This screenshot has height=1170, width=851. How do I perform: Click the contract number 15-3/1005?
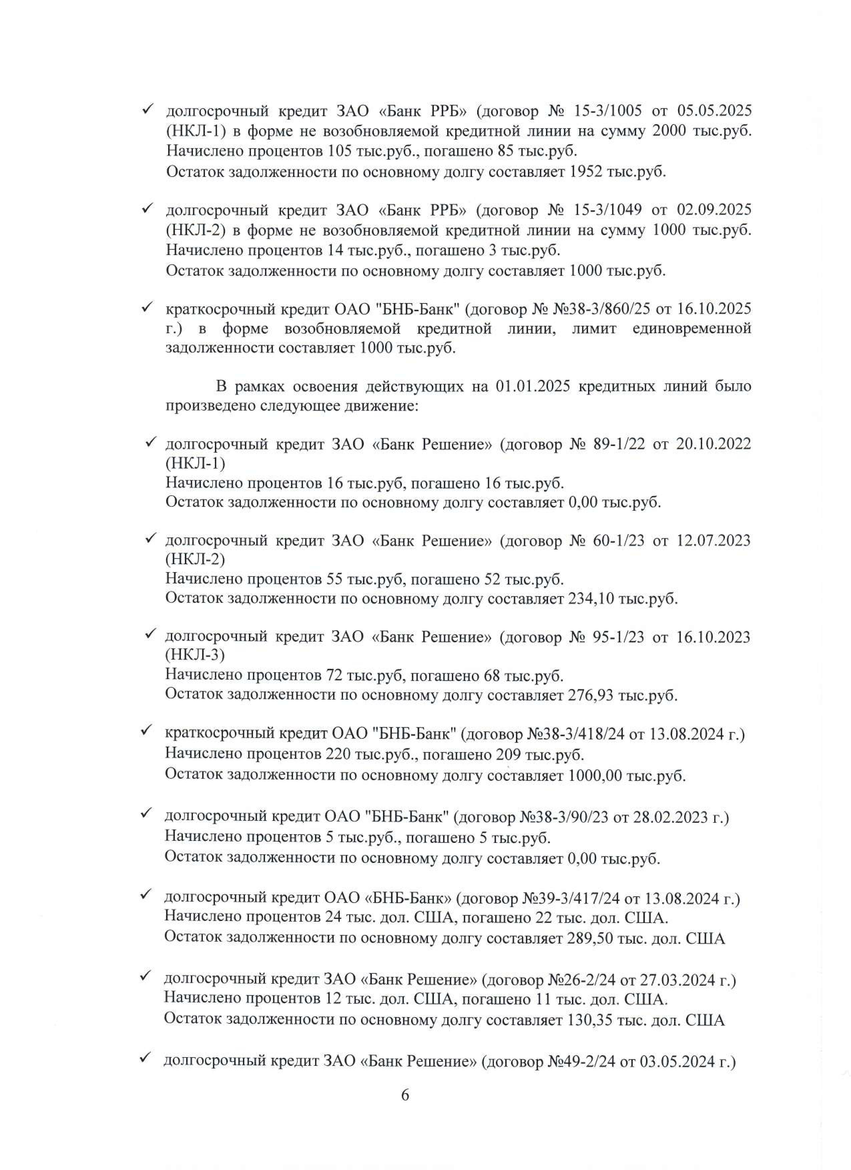coord(608,110)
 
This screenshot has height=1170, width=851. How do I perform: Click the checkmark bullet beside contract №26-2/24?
coord(146,976)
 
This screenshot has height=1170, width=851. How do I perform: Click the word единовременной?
coord(691,328)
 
